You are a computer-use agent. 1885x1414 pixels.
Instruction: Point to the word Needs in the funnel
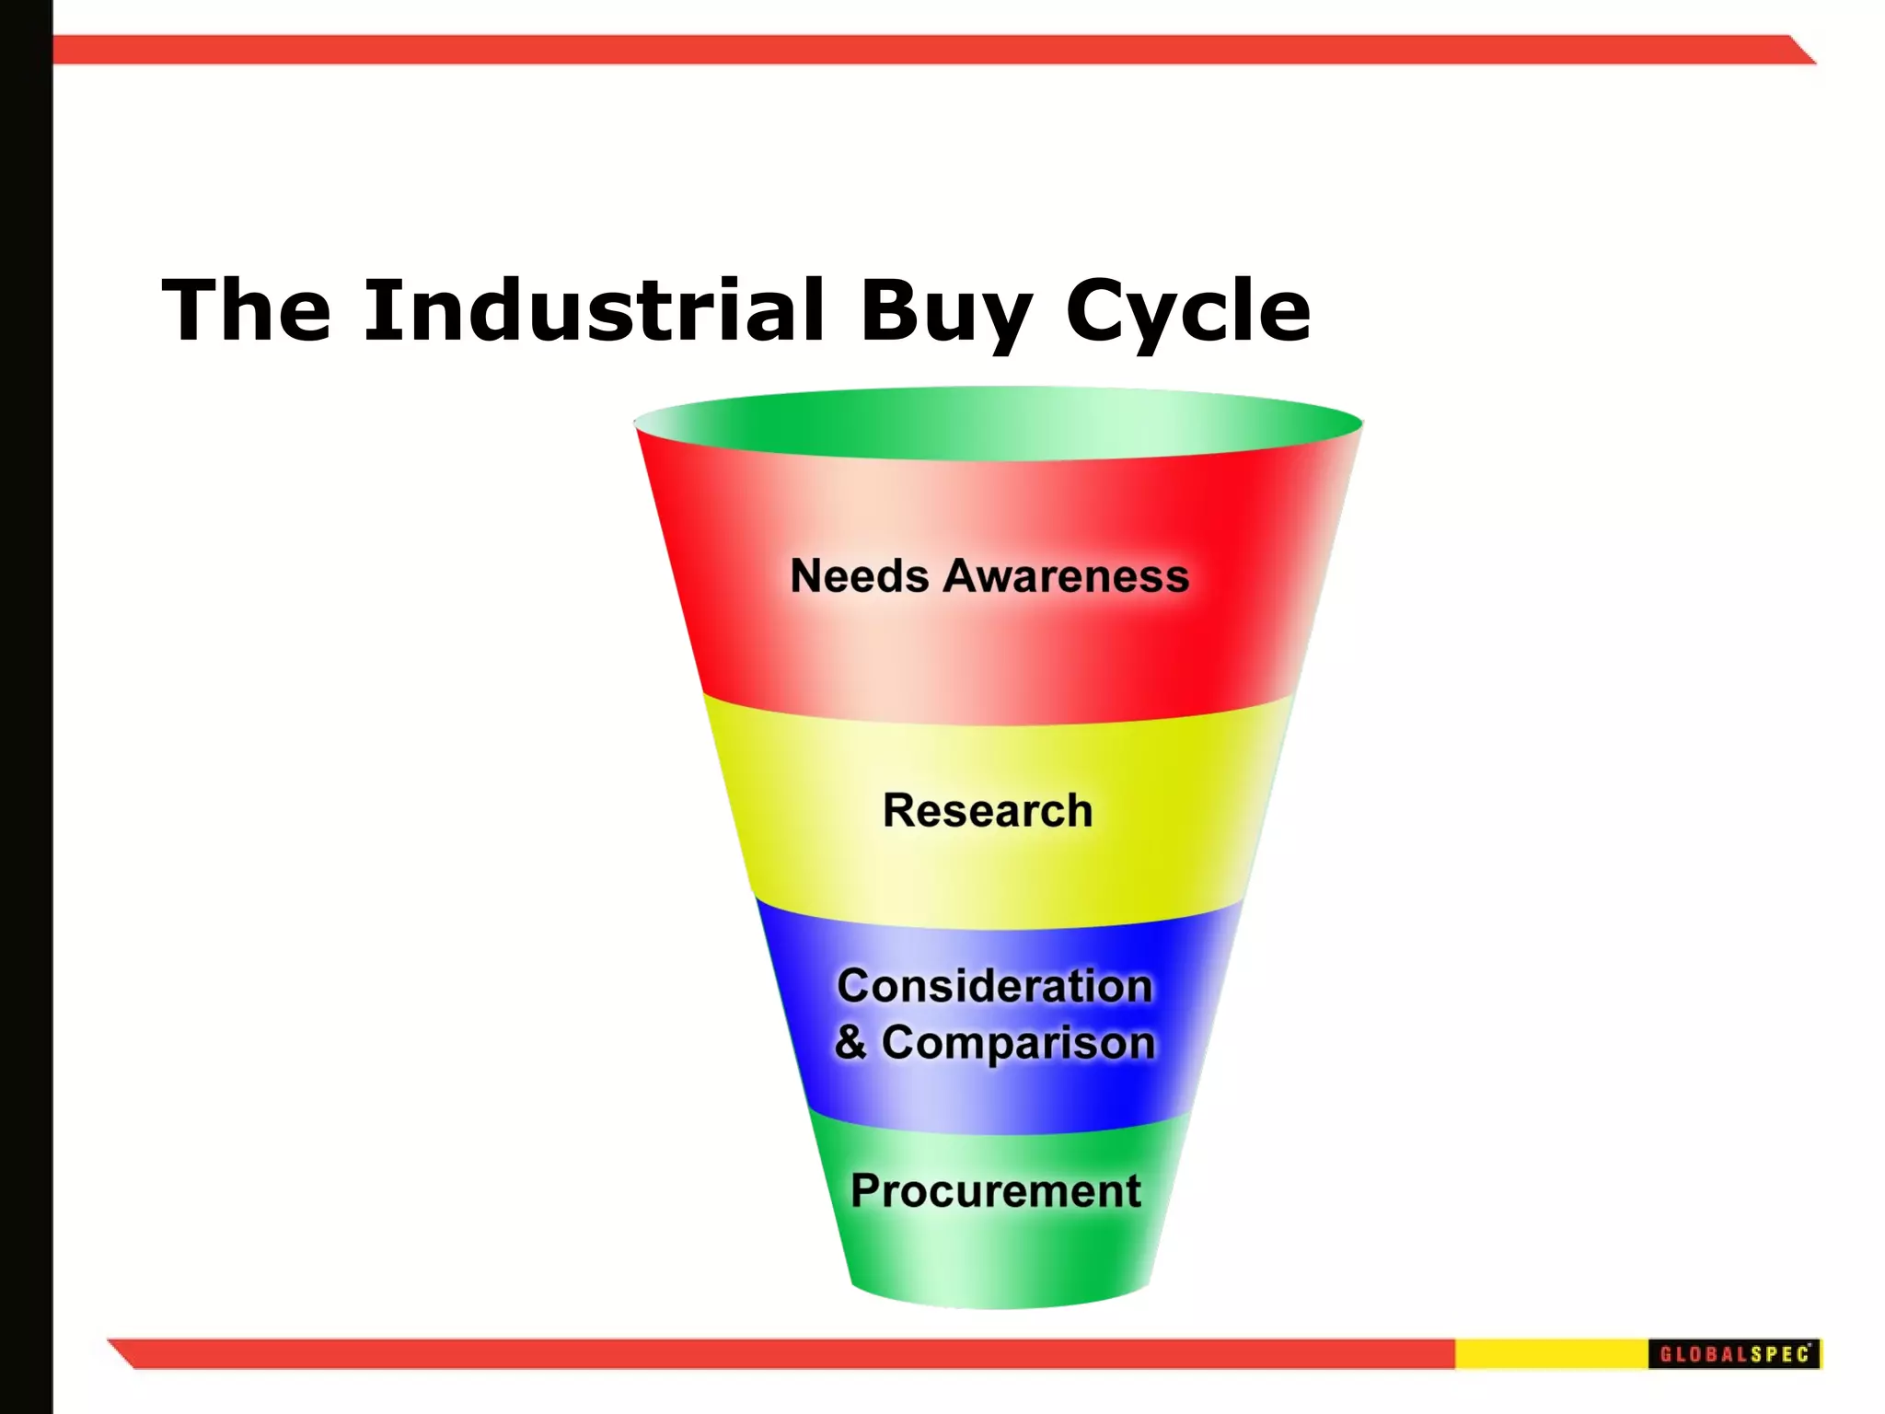pyautogui.click(x=860, y=576)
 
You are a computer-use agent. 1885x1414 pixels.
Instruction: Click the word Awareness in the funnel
pyautogui.click(x=1066, y=576)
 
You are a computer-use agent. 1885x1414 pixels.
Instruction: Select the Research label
pyautogui.click(x=988, y=811)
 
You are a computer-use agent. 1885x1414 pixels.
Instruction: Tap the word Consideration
pyautogui.click(x=994, y=986)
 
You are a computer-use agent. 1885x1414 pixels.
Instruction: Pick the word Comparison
pyautogui.click(x=1018, y=1043)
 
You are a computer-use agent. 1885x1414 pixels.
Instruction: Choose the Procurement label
pyautogui.click(x=995, y=1191)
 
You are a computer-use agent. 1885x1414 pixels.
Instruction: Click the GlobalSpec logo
pyautogui.click(x=1734, y=1353)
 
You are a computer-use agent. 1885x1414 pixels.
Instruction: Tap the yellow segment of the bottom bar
pyautogui.click(x=1551, y=1353)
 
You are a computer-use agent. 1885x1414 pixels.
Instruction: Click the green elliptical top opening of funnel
pyautogui.click(x=999, y=423)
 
